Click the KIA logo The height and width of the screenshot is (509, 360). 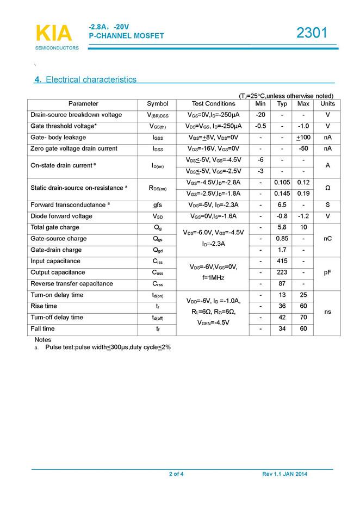point(53,33)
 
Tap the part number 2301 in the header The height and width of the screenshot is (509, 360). point(312,33)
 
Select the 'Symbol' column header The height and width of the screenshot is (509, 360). point(158,104)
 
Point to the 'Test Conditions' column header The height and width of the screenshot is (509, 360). point(214,104)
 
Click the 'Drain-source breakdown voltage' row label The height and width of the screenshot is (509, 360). point(76,115)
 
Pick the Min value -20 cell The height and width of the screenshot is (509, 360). point(260,115)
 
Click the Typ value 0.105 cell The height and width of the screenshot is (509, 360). point(282,182)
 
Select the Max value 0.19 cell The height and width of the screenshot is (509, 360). point(303,193)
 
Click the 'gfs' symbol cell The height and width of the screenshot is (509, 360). point(158,205)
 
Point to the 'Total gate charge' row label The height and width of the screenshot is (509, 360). point(55,228)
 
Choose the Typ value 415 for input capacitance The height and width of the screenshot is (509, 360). point(282,262)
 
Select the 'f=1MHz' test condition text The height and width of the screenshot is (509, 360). point(214,278)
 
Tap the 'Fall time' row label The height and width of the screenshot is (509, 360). point(43,329)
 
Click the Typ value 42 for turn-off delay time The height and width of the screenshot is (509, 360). point(282,318)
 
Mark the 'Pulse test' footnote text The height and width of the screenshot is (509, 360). point(108,347)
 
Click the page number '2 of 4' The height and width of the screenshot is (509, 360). point(176,474)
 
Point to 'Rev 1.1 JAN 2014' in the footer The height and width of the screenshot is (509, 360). point(285,474)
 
